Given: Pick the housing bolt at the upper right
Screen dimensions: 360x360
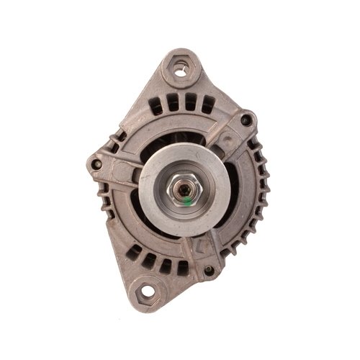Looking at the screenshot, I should tap(246, 120).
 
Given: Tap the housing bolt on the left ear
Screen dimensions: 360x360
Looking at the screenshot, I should tap(96, 165).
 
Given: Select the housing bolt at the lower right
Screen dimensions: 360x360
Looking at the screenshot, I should tap(210, 271).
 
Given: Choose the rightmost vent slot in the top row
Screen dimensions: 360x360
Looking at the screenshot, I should tap(207, 106).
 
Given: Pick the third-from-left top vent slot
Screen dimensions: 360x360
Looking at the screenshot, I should tap(190, 102).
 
